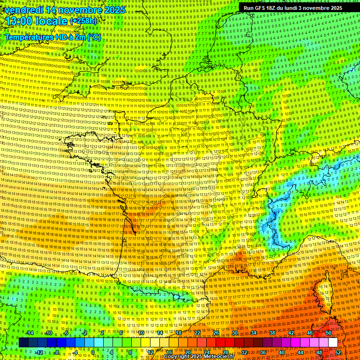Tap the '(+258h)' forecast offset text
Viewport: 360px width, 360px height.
point(83,21)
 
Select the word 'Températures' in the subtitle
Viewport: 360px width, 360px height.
point(28,37)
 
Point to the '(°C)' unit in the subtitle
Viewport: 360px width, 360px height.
point(94,37)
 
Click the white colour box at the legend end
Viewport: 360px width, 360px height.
point(333,343)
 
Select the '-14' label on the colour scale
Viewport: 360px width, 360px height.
point(29,333)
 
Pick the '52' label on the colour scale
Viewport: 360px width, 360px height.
point(338,352)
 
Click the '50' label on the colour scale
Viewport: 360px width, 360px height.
point(329,333)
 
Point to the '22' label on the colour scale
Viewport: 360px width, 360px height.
point(197,333)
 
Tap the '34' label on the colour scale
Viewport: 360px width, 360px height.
point(254,333)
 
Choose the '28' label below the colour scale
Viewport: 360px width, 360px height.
point(225,352)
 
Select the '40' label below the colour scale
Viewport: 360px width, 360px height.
point(282,352)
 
